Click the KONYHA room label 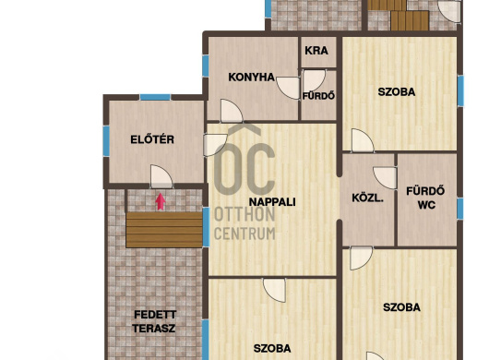pos(251,77)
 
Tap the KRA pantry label pos(316,51)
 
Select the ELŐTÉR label pos(152,139)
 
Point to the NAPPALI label pos(272,202)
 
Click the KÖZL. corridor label pos(367,198)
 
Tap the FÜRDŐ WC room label pos(425,198)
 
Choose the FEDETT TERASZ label pos(155,321)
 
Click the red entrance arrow pos(161,201)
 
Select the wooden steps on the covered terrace pos(164,230)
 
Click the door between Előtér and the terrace pos(161,176)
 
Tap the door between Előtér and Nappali pos(215,145)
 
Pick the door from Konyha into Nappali pos(232,111)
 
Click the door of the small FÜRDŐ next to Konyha pos(315,79)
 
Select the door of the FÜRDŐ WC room pos(386,178)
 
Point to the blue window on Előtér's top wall pos(155,97)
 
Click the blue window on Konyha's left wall pos(205,66)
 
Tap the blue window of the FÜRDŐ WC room pos(460,209)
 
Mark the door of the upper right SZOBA pos(363,140)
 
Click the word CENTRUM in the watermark pos(244,234)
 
